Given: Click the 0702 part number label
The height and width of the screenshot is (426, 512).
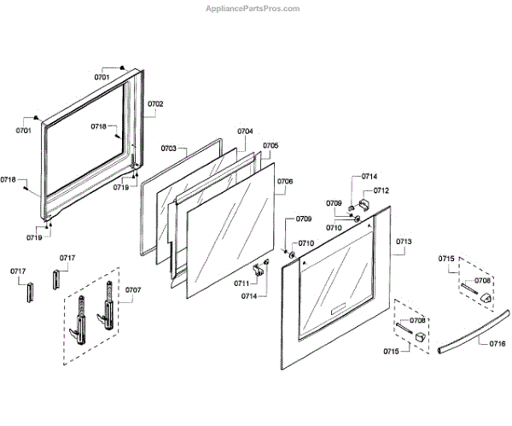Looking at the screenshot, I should [x=154, y=104].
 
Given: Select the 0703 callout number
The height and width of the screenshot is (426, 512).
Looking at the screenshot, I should [x=168, y=149].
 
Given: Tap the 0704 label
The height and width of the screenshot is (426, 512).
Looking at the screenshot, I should [x=245, y=131].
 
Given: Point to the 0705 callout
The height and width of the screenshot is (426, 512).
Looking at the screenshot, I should [x=270, y=146].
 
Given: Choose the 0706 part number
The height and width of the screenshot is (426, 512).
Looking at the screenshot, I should [x=285, y=182].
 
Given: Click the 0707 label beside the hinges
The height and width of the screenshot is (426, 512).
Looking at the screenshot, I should [x=133, y=290].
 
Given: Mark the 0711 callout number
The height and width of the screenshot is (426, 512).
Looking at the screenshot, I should [x=242, y=283].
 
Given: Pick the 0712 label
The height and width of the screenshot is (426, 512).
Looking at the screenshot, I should [x=381, y=191].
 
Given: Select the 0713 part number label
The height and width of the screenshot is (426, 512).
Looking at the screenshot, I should [x=404, y=242].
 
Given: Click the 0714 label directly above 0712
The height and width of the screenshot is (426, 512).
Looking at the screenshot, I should [x=369, y=177].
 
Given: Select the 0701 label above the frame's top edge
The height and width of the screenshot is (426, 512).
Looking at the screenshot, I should [x=102, y=78].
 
